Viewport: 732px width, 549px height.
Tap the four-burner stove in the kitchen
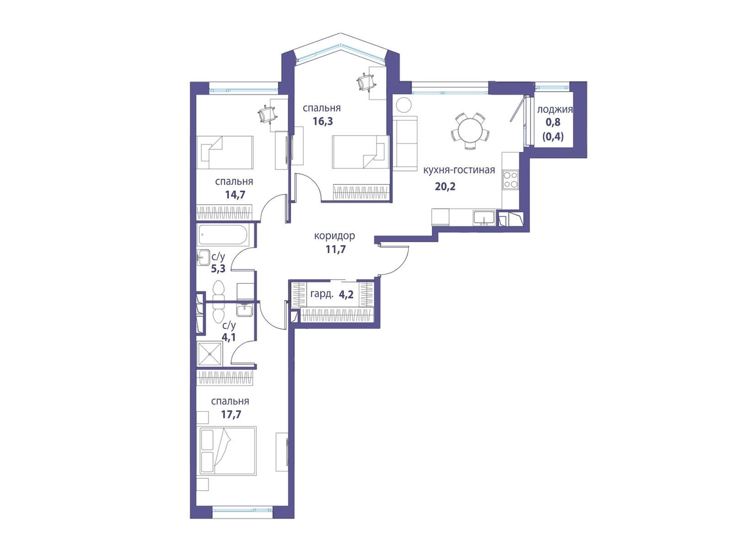(x=510, y=180)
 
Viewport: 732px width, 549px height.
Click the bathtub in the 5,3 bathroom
(x=223, y=235)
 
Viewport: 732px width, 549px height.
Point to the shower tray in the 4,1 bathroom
(x=210, y=354)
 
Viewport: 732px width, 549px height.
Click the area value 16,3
(x=323, y=121)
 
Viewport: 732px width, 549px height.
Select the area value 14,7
(x=235, y=195)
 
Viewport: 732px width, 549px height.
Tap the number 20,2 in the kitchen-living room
(x=445, y=186)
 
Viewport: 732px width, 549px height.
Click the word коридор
(x=334, y=236)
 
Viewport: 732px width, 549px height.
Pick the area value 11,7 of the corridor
(x=335, y=249)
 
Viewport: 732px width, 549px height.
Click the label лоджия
(x=554, y=109)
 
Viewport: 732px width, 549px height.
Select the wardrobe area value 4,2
(x=346, y=295)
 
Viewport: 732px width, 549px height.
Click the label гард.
(x=322, y=295)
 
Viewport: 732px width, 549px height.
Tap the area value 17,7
(x=231, y=414)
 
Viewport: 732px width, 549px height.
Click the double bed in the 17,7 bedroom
(x=227, y=450)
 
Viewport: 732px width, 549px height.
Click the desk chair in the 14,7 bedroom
(x=267, y=114)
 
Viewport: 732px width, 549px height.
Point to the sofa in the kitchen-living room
(x=405, y=143)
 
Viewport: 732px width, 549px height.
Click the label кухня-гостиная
(x=459, y=170)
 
